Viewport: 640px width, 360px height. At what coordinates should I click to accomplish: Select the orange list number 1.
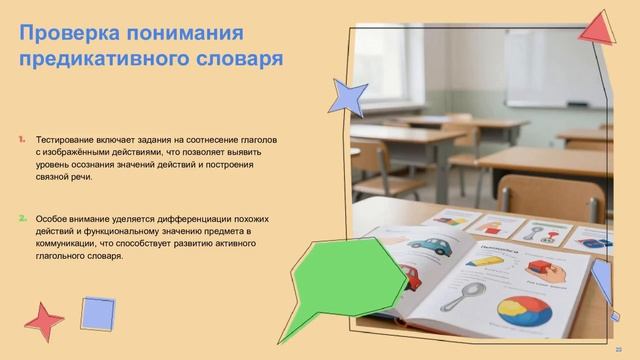click(22, 138)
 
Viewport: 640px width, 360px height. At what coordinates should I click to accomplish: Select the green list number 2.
click(22, 217)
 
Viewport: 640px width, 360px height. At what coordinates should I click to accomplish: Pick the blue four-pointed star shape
click(348, 96)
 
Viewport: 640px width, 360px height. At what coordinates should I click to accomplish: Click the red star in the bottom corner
click(43, 321)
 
